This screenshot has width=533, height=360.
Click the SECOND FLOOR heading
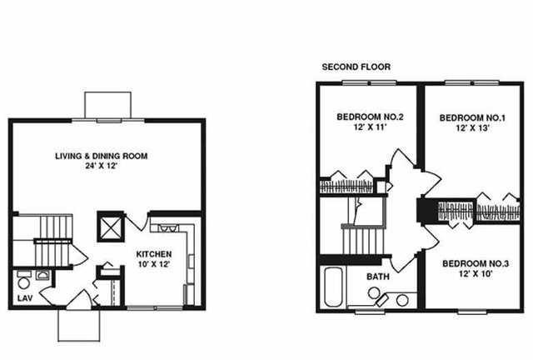(x=356, y=67)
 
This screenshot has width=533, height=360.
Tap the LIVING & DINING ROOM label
(x=102, y=156)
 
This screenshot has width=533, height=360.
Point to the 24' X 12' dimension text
(x=102, y=166)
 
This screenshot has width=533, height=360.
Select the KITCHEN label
(x=153, y=254)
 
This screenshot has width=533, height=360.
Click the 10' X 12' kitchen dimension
(x=153, y=264)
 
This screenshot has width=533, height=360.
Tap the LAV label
(x=25, y=298)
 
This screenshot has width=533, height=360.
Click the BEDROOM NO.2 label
(x=370, y=117)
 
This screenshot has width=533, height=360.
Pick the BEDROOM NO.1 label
(x=472, y=118)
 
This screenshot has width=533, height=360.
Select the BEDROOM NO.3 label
(x=476, y=263)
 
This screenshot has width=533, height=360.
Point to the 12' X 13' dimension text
(x=472, y=128)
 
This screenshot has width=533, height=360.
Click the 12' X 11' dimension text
(x=370, y=127)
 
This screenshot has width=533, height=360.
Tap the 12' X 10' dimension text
(x=476, y=274)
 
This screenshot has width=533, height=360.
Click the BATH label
(x=378, y=277)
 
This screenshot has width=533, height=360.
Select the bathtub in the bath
(x=333, y=287)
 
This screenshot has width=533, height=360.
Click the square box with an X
(x=111, y=227)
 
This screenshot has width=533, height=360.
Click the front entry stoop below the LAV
(x=79, y=325)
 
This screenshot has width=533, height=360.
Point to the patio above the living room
(x=107, y=105)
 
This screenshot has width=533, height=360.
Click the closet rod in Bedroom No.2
(x=346, y=187)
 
